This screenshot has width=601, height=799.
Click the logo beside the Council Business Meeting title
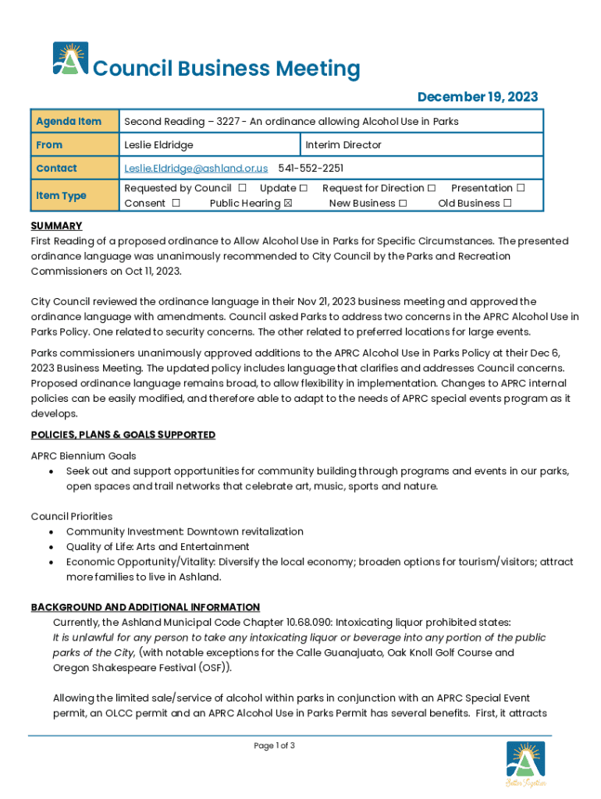pos(70,59)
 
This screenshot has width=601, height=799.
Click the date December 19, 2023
pos(477,97)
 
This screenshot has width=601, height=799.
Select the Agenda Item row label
pos(69,121)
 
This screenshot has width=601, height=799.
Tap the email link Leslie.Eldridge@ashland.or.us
pos(196,168)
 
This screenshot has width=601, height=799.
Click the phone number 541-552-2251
pos(311,168)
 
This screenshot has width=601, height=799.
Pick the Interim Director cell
pos(343,144)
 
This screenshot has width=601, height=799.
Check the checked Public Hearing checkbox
pos(287,203)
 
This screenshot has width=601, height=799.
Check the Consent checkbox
pos(176,203)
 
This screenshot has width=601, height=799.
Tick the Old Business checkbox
pos(507,203)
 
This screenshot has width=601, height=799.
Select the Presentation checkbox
pos(521,188)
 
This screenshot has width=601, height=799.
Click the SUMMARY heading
pos(56,225)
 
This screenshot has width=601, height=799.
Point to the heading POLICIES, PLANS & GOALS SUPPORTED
pos(123,435)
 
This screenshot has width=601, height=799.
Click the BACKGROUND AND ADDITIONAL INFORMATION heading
pos(145,607)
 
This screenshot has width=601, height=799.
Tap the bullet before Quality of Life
pos(51,547)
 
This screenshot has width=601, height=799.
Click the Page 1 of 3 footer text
pos(274,746)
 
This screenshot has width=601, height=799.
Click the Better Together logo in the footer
pos(525,764)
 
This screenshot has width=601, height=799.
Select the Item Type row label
pos(61,195)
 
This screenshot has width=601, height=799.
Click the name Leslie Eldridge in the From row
pos(158,144)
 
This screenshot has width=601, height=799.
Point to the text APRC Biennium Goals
pos(84,456)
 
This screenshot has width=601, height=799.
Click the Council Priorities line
pos(72,516)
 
